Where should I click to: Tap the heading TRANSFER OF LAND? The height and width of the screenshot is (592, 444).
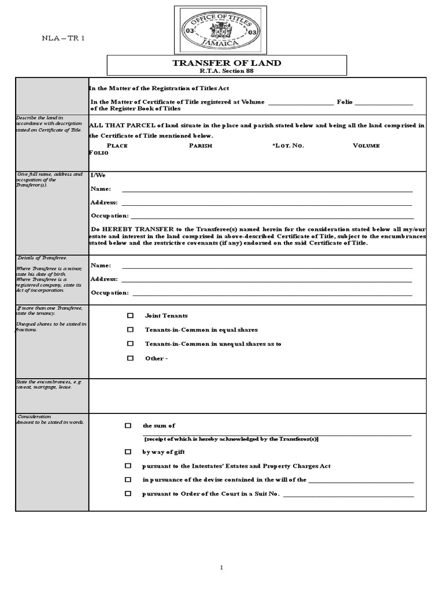[227, 63]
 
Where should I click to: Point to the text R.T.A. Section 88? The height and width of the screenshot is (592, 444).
[227, 71]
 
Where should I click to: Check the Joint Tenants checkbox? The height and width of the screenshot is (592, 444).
[131, 316]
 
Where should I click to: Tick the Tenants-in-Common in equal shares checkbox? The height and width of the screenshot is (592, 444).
[131, 330]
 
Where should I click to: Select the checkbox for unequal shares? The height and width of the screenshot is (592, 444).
[131, 344]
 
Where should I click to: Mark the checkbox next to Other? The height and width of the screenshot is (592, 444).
[131, 358]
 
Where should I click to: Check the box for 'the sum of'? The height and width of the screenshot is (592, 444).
[128, 425]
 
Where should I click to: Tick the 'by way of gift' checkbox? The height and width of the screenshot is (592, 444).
[128, 452]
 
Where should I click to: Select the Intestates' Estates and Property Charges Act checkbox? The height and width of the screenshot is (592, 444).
[128, 466]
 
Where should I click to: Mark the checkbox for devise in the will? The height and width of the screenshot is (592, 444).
[128, 480]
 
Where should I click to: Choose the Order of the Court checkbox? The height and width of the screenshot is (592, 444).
[128, 494]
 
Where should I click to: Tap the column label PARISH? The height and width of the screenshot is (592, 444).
[201, 146]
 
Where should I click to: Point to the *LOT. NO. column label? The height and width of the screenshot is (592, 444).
[288, 146]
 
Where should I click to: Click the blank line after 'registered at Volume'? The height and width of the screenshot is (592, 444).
[301, 102]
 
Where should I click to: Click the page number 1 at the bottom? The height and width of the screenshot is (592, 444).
[221, 568]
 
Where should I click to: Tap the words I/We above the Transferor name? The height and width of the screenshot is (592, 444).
[98, 175]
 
